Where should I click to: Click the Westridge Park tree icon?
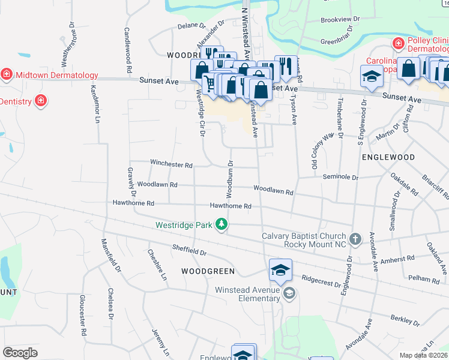point(222,224)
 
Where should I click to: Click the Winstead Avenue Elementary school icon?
point(289,293)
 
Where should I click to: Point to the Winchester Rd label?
point(171,164)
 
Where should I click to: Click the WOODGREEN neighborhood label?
point(208,271)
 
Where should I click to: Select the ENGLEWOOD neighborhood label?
point(388,157)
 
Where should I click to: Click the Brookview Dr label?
point(340,19)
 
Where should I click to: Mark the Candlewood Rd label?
point(127,50)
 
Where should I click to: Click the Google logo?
point(20,352)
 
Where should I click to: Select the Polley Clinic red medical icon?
point(397,43)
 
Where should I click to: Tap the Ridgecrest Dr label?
point(321,279)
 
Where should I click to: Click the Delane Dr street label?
point(191,26)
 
